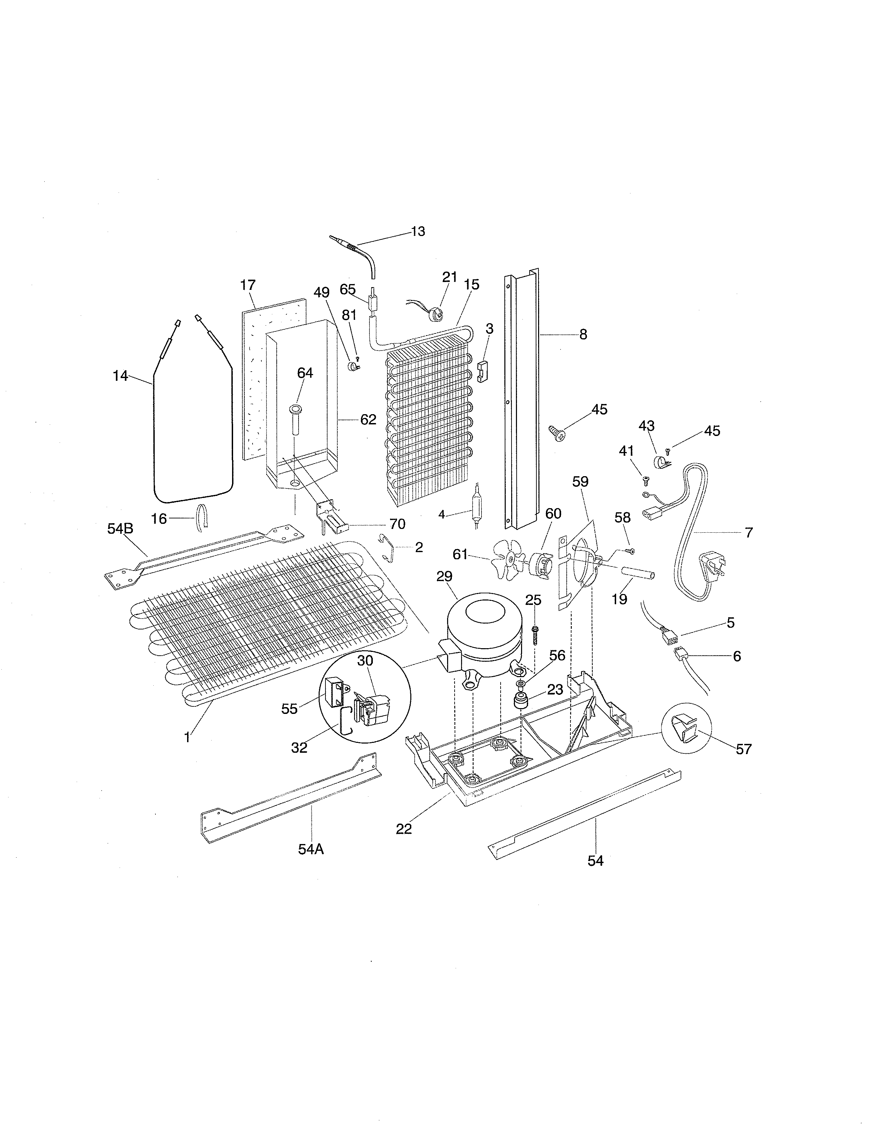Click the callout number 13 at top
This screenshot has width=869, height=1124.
pyautogui.click(x=418, y=232)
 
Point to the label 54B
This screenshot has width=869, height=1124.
pyautogui.click(x=120, y=529)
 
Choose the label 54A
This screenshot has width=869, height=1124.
pyautogui.click(x=311, y=849)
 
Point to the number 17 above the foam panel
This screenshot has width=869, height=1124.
pyautogui.click(x=248, y=285)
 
